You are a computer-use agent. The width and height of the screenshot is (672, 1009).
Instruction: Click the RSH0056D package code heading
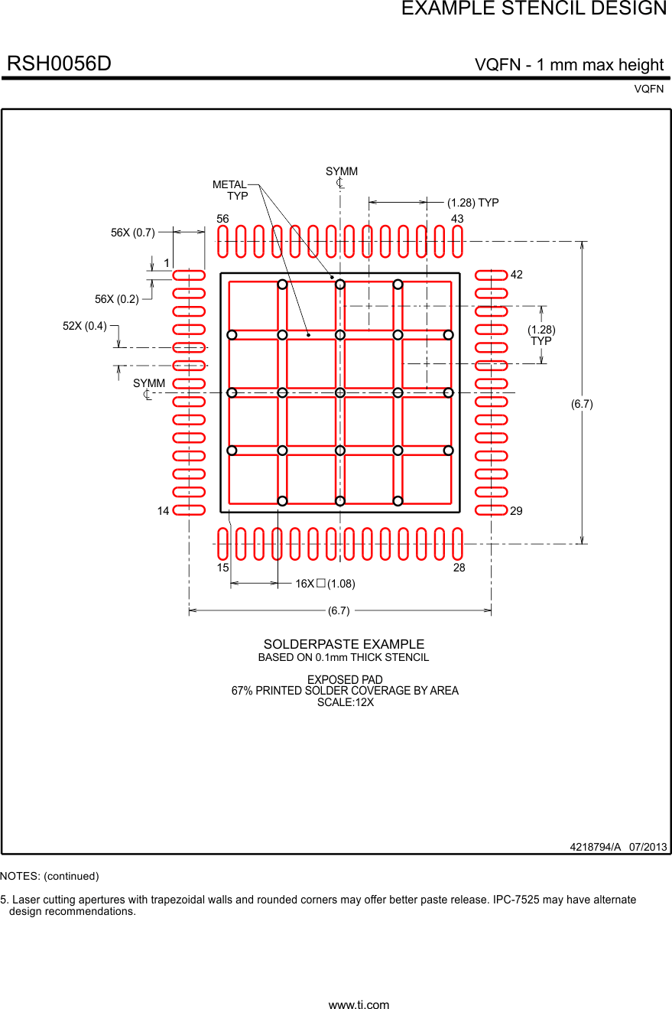[60, 64]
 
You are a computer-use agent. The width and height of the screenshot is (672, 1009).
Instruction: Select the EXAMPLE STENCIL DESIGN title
[534, 9]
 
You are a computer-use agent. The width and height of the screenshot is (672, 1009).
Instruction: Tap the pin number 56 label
[222, 219]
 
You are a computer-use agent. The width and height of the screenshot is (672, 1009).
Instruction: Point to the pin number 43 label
[457, 219]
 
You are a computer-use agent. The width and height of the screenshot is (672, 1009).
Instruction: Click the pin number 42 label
[517, 275]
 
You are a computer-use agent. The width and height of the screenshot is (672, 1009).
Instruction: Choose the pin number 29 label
[517, 511]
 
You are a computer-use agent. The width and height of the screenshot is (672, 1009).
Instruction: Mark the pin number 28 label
[459, 568]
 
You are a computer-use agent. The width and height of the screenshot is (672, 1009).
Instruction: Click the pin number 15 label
[222, 568]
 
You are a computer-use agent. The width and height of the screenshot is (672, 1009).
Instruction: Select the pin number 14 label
[163, 511]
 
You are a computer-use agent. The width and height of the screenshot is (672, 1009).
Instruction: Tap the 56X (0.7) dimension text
[133, 233]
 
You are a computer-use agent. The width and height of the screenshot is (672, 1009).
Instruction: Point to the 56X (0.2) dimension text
[117, 299]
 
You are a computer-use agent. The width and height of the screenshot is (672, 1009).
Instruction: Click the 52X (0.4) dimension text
[85, 326]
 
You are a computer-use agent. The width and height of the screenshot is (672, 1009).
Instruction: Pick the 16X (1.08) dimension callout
[325, 584]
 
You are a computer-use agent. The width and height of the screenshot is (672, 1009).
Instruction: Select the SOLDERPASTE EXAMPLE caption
[344, 644]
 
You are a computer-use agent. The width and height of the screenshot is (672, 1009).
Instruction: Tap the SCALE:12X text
[346, 702]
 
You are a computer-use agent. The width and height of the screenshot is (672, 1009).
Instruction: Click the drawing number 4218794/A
[596, 847]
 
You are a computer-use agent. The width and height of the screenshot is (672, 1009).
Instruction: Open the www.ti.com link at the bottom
[359, 1005]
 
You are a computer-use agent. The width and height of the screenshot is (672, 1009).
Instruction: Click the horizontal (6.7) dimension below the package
[339, 610]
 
